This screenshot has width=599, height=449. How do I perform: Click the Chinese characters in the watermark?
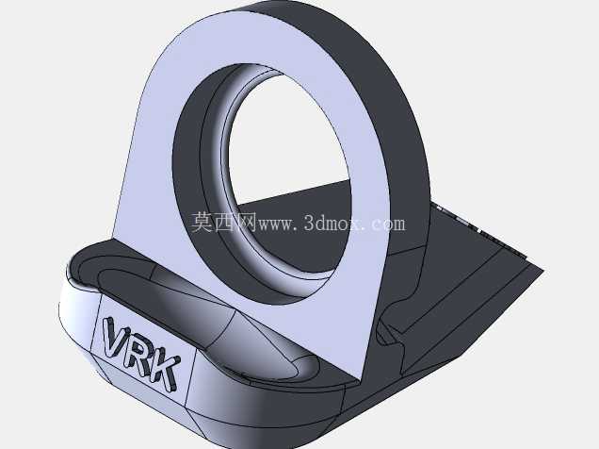click(223, 223)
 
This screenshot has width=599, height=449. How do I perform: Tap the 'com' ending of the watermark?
click(388, 224)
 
